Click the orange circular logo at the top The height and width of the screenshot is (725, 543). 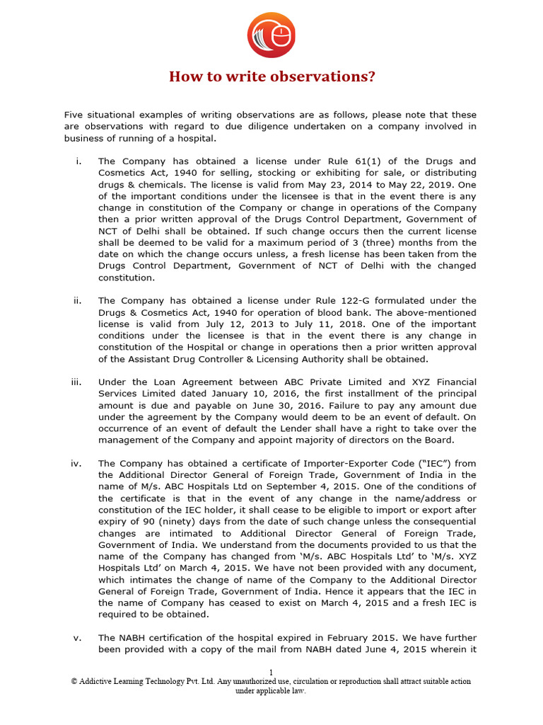[x=271, y=35]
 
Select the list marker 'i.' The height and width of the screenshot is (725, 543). [x=78, y=162]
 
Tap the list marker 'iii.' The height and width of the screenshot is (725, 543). [x=76, y=382]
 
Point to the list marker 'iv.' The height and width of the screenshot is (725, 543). [x=76, y=464]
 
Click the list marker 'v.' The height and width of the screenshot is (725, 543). [x=78, y=638]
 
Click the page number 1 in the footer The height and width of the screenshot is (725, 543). [x=271, y=672]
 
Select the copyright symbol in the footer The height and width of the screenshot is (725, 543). [x=74, y=681]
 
